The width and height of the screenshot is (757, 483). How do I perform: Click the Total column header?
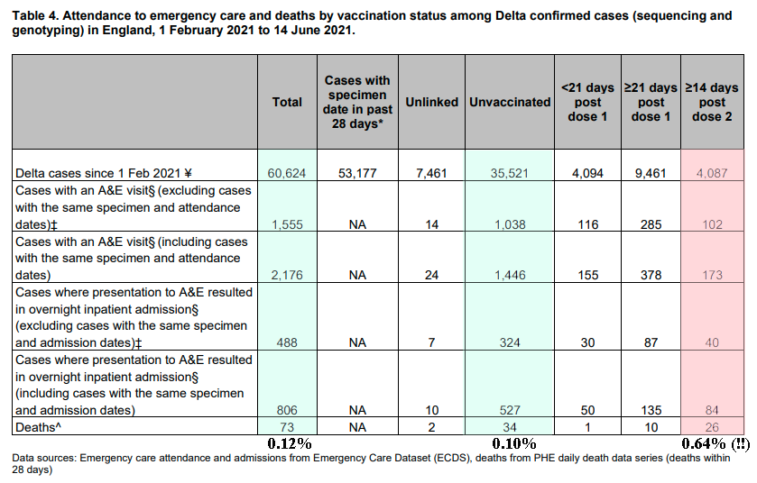[287, 102]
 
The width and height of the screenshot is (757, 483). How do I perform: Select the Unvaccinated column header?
[510, 102]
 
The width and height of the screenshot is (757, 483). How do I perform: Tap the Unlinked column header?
[431, 102]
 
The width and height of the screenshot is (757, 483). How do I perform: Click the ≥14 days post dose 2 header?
[712, 102]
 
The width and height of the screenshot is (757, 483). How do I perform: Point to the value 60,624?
[287, 173]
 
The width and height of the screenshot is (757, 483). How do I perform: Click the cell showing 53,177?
[357, 173]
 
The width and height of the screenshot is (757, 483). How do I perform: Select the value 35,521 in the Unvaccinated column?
[510, 173]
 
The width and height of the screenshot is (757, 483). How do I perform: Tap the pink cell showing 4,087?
[712, 173]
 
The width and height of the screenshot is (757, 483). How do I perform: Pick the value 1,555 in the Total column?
[287, 224]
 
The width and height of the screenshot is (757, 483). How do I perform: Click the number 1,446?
[510, 275]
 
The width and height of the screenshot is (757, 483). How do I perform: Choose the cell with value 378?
[651, 275]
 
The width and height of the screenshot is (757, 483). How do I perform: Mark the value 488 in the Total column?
[287, 342]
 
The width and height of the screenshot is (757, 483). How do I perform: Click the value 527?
[510, 410]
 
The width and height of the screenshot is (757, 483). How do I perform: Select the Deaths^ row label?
[38, 427]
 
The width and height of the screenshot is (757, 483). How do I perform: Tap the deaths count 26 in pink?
[712, 427]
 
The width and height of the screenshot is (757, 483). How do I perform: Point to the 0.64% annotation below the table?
[704, 443]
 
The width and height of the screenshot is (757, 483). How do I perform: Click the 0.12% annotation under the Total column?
[290, 443]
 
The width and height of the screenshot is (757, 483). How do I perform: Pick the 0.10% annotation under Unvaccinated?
[514, 443]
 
